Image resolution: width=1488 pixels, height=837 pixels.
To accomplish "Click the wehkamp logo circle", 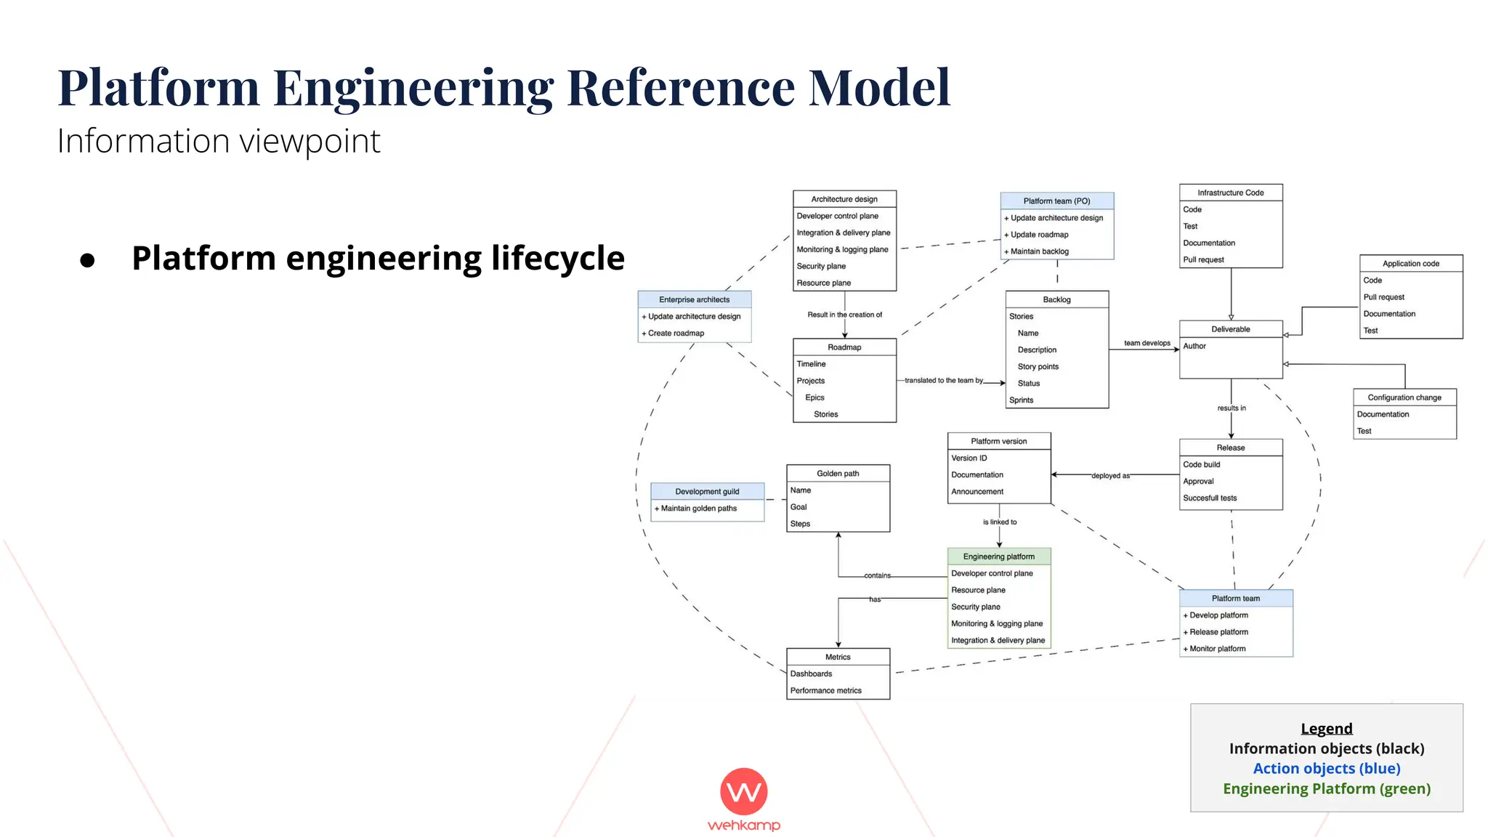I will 743,791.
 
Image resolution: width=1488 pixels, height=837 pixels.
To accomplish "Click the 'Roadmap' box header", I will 844,347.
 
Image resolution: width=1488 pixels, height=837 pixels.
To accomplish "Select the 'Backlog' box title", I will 1056,299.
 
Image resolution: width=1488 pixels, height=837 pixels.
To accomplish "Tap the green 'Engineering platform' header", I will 998,557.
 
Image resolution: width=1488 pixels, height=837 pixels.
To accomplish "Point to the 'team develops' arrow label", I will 1147,343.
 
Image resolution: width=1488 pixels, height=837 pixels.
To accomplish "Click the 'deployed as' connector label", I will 1110,476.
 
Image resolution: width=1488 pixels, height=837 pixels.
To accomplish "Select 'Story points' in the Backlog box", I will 1038,367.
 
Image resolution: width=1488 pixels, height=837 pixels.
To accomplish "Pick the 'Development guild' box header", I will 706,492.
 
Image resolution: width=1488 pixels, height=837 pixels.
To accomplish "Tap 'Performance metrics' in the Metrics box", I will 825,691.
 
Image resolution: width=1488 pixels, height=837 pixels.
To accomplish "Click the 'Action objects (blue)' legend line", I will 1326,769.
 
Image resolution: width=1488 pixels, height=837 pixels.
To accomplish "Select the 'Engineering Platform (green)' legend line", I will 1326,789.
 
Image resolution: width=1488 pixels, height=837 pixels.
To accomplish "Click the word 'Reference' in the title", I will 680,88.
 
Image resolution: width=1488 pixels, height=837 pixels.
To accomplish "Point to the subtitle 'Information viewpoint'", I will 219,142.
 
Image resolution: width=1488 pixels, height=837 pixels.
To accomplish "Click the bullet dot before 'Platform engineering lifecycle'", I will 88,261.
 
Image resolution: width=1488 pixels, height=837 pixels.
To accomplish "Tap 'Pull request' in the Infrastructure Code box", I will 1203,260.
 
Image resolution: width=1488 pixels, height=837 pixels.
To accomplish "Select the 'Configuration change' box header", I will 1404,397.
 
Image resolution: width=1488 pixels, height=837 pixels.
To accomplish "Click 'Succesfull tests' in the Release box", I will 1209,498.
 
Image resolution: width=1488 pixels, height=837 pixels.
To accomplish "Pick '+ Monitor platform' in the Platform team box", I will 1216,649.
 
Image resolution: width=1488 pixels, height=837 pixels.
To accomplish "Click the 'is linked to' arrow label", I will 999,522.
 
